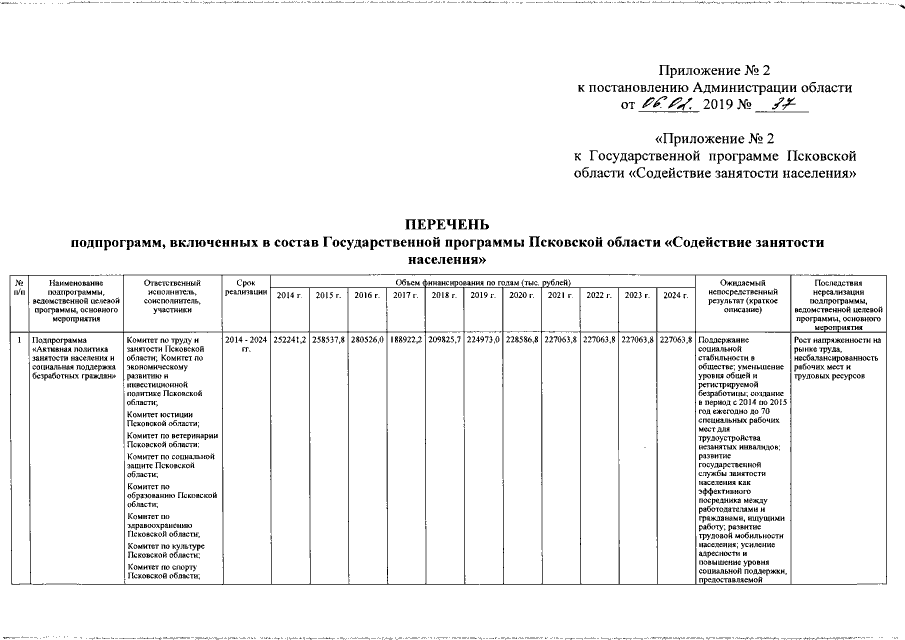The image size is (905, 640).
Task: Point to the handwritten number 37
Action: coord(771,103)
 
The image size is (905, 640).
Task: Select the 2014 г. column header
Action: coord(290,295)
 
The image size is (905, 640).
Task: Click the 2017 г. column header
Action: coord(405,295)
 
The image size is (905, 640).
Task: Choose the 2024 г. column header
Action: coord(676,295)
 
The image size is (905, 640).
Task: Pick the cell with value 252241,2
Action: coord(290,341)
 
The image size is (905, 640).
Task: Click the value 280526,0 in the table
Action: coord(367,341)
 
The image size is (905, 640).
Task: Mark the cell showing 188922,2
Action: coord(405,341)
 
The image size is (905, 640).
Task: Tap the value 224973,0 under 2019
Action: coord(482,341)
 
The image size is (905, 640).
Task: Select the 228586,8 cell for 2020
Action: coord(521,341)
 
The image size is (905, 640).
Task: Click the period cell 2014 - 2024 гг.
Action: coord(246,346)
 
